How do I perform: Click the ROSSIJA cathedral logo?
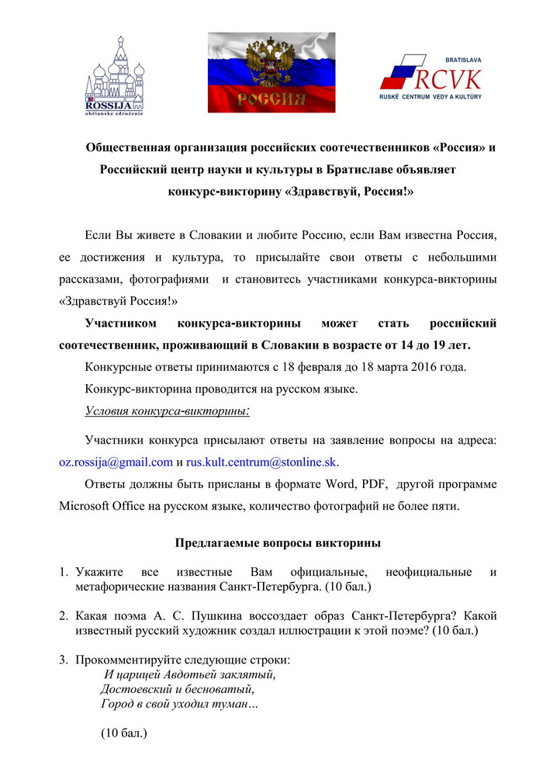click(x=118, y=73)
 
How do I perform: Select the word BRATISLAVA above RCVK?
click(x=462, y=59)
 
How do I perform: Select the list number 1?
click(x=65, y=573)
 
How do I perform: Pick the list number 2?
click(x=65, y=616)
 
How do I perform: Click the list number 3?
click(x=65, y=660)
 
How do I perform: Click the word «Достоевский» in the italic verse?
click(x=136, y=689)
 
